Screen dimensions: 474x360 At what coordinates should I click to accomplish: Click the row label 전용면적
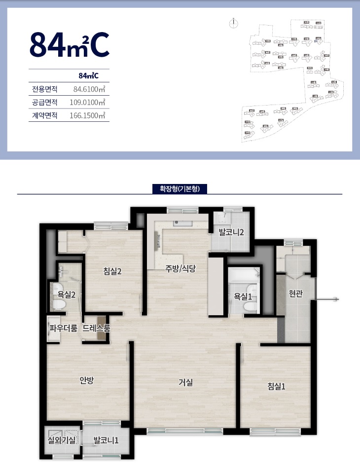(45, 89)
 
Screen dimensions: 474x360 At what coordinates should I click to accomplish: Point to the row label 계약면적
(45, 116)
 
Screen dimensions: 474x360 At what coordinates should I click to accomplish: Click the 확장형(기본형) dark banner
(180, 189)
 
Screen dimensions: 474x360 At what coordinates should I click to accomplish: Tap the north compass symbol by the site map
(234, 23)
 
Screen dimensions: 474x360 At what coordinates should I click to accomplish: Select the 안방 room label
(87, 380)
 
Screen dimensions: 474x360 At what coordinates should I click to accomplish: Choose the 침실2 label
(112, 270)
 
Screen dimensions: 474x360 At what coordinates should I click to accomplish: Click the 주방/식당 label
(180, 269)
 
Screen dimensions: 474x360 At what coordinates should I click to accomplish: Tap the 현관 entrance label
(295, 294)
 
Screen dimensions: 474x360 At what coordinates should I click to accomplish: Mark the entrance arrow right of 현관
(329, 299)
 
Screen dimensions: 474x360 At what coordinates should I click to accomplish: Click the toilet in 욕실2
(59, 304)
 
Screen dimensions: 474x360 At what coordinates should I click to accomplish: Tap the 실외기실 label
(61, 440)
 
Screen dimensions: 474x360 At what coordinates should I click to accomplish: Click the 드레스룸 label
(96, 327)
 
